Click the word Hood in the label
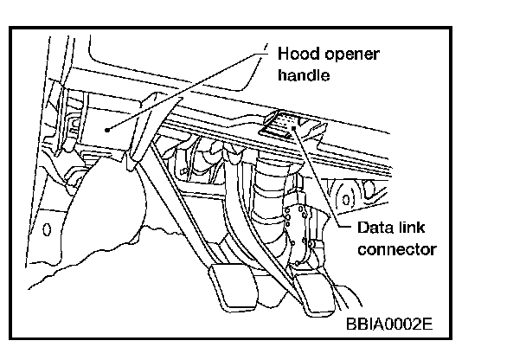[297, 54]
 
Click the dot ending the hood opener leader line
[106, 128]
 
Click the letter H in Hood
[283, 54]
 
